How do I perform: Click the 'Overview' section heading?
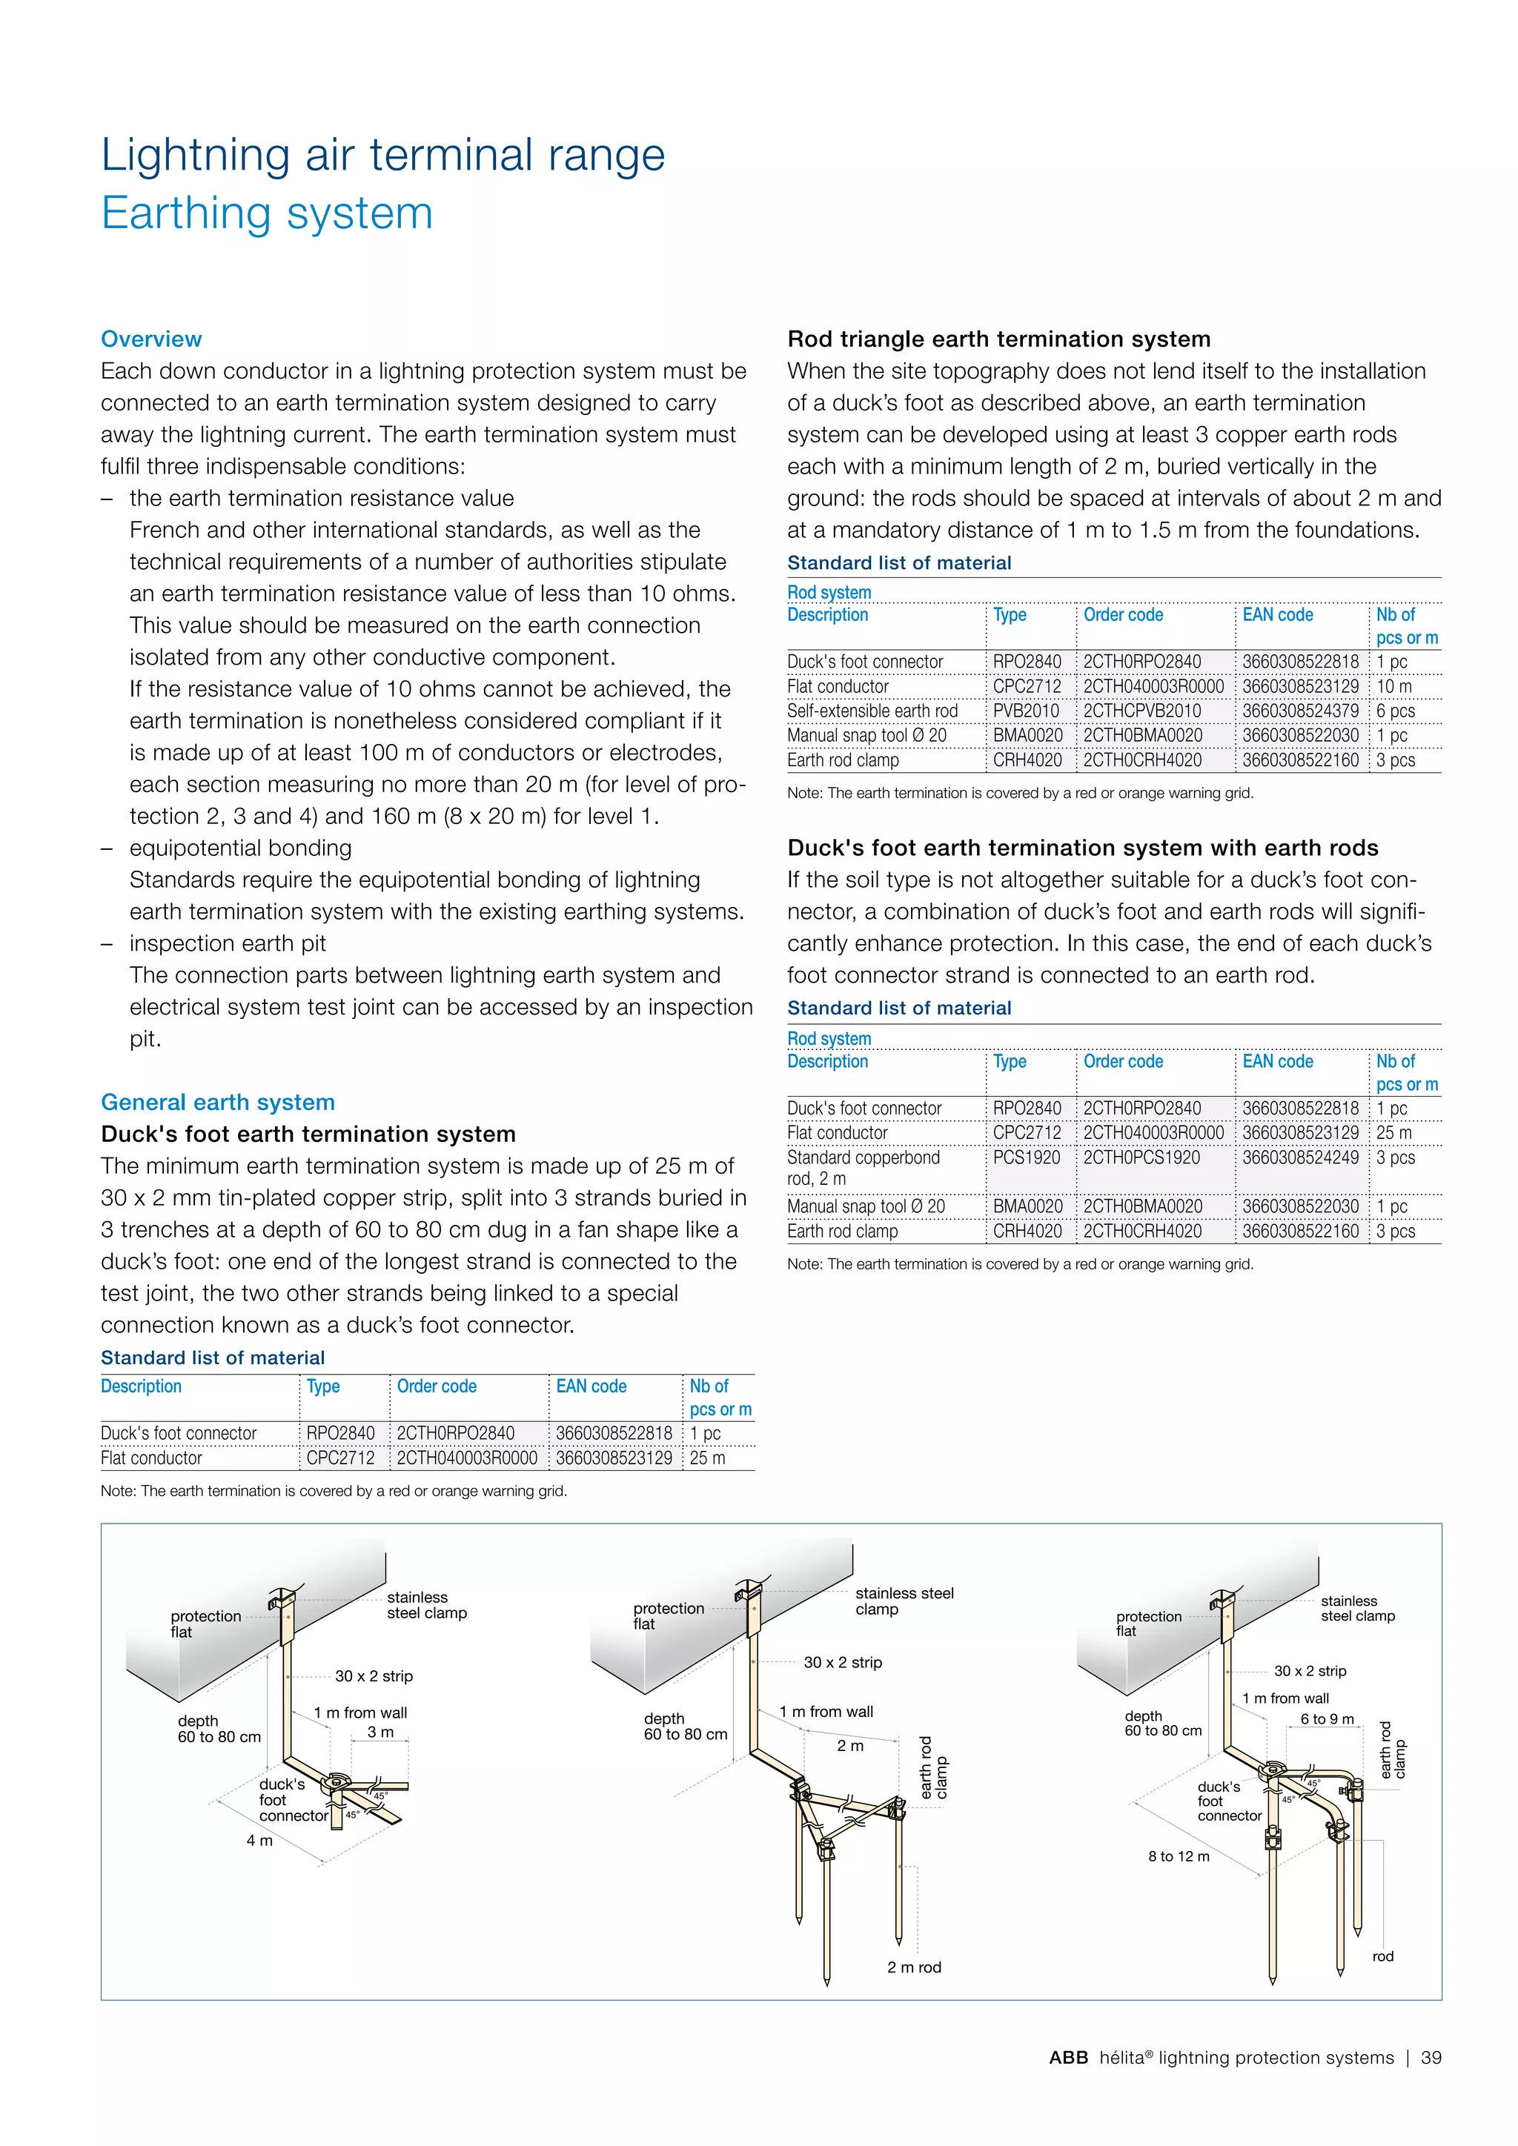pos(151,339)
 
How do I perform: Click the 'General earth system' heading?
pos(218,1102)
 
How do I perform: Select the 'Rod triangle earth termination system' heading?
pos(998,339)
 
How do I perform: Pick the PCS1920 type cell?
pos(1027,1157)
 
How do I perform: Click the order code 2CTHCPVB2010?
pos(1142,711)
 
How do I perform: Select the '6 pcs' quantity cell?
pos(1396,711)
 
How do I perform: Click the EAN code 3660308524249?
pos(1300,1157)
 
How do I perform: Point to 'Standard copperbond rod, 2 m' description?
pos(863,1167)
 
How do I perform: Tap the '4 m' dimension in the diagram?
pos(260,1841)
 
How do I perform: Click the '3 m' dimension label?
pos(380,1732)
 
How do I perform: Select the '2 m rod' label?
pos(914,1967)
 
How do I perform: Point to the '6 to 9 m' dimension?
pos(1326,1719)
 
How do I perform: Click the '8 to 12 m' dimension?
pos(1179,1856)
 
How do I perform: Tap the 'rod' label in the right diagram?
pos(1382,1956)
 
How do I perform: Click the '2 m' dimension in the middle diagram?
pos(849,1746)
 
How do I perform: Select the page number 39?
pos(1431,2057)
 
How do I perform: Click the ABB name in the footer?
pos(1068,2057)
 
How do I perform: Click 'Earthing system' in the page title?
pos(268,213)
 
